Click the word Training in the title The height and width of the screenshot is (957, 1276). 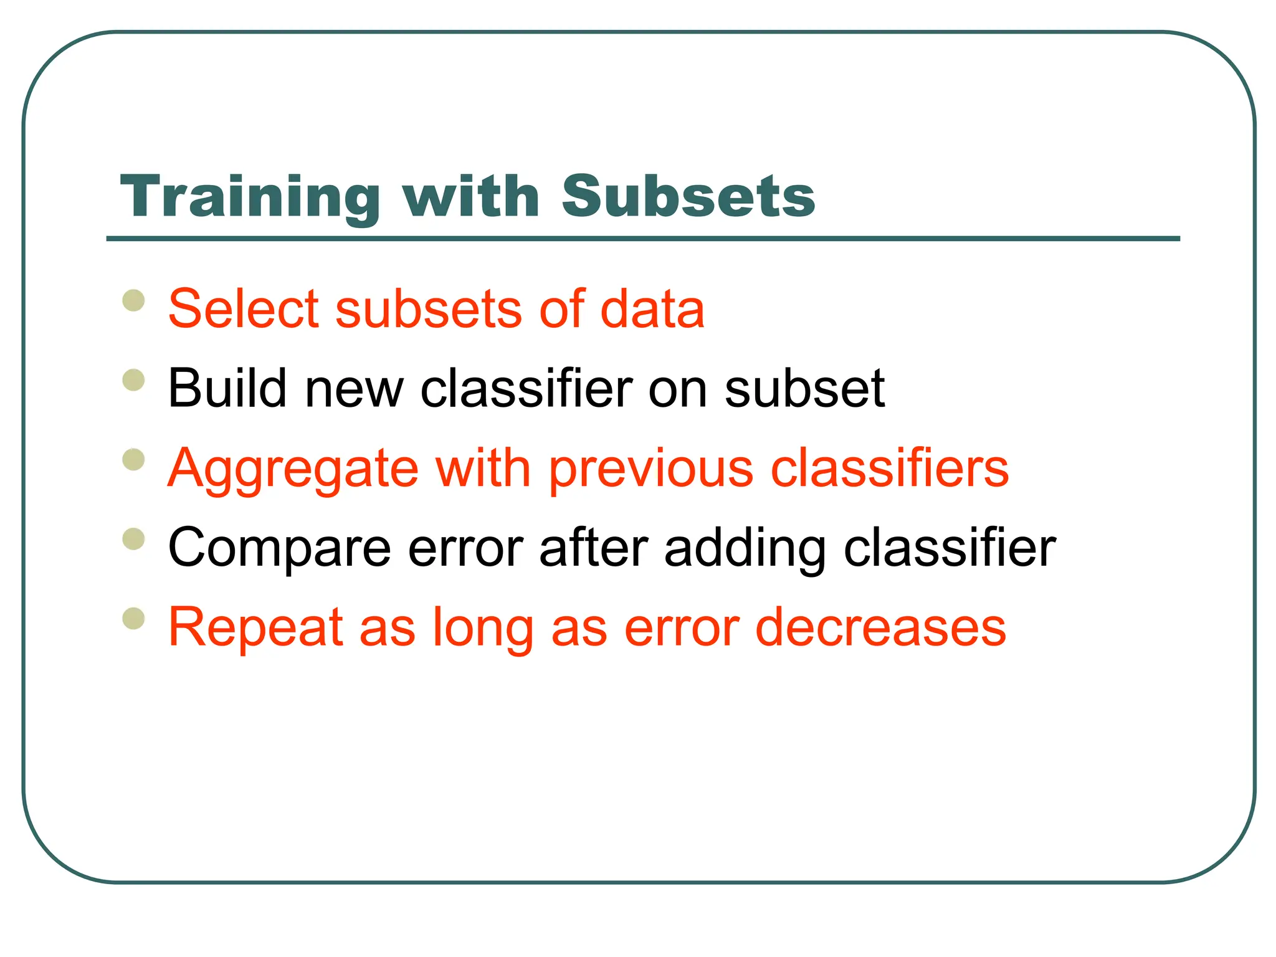[249, 198]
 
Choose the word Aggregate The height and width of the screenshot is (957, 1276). [293, 470]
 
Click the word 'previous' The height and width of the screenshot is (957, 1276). [650, 470]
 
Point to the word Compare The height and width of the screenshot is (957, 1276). [280, 549]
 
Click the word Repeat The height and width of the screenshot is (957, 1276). [255, 628]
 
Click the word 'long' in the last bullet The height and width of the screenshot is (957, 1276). [483, 628]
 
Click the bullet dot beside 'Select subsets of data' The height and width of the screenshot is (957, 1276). [134, 300]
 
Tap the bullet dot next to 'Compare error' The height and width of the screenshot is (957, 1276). [134, 539]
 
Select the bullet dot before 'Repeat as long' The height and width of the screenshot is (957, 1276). [134, 619]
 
